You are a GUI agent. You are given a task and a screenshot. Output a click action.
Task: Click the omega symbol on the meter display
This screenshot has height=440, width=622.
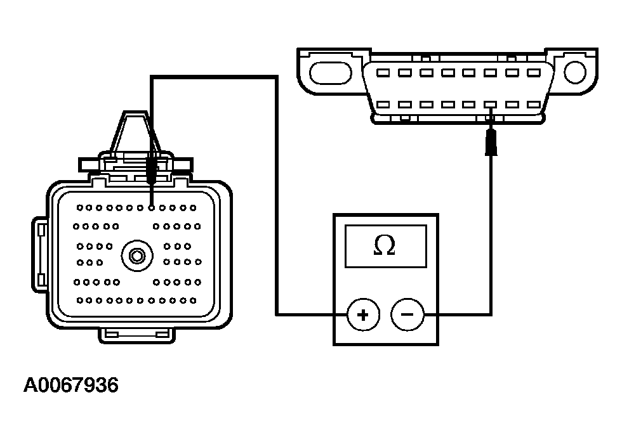point(385,245)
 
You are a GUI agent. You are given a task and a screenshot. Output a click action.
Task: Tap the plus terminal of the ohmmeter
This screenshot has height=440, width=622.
point(363,314)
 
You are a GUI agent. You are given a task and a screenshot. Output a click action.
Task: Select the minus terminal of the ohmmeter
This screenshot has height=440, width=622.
point(407,314)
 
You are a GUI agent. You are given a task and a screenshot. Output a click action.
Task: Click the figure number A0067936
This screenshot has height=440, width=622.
point(71,385)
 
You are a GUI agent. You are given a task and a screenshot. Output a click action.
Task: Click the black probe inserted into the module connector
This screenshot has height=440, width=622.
point(151,170)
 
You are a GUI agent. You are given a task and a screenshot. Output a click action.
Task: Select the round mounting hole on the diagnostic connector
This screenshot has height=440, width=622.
point(574,72)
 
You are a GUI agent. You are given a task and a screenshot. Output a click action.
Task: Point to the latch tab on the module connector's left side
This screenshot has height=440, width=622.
point(40,254)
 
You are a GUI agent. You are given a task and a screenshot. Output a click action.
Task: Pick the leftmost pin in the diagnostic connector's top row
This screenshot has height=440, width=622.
point(384,73)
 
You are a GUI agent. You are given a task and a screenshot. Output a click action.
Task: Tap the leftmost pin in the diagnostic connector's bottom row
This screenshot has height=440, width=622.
point(384,105)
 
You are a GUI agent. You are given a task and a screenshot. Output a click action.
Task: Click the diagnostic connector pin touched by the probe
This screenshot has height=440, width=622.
point(490,105)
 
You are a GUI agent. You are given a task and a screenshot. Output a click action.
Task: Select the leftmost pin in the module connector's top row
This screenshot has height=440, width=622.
point(79,207)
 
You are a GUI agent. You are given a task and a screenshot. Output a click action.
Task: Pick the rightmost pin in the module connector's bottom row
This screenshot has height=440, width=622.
point(193,300)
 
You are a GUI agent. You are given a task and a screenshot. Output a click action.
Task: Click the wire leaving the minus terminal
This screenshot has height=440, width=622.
point(490,254)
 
